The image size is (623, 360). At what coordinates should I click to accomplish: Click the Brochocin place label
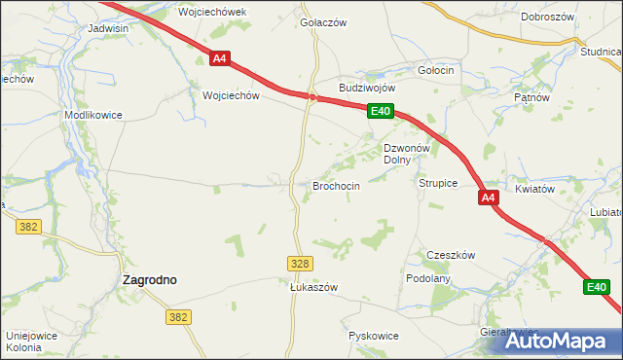coord(336,186)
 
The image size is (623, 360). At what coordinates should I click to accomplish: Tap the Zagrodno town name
coord(149,279)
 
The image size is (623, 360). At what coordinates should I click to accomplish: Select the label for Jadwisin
coord(108,29)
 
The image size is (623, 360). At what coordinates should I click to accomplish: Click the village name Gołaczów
coord(323,22)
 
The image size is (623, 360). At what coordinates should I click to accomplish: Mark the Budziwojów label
coord(366,88)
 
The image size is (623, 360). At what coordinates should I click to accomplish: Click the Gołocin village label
coord(435,71)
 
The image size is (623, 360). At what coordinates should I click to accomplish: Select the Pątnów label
coord(531,98)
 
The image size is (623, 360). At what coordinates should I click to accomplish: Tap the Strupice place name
coord(438,183)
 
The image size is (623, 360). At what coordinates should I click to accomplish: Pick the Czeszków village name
coord(451,255)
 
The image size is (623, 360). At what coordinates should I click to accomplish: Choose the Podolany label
coord(428,278)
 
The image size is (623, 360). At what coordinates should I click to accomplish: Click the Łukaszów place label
coord(313,288)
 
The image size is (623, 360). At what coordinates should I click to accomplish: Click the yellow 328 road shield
coord(301,264)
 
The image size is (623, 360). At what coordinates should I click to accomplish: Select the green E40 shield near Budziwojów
coord(380,113)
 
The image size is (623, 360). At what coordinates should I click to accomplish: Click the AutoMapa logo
coord(562,341)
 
